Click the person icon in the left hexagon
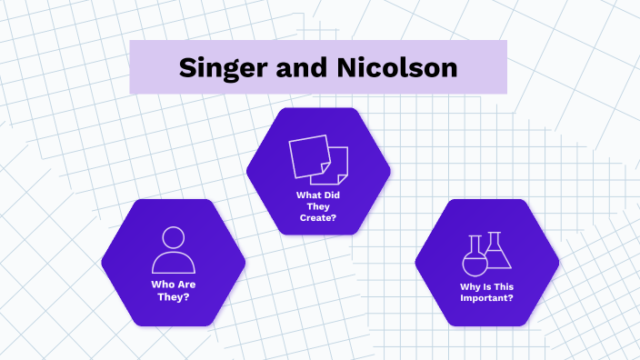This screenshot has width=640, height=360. click(x=173, y=250)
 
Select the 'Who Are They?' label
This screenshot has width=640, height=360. click(x=173, y=291)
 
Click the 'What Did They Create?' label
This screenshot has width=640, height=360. click(x=318, y=205)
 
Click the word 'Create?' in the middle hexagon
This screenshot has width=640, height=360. click(x=318, y=218)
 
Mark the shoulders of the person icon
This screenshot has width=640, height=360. click(x=173, y=263)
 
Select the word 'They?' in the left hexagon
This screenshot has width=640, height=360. click(x=173, y=297)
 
